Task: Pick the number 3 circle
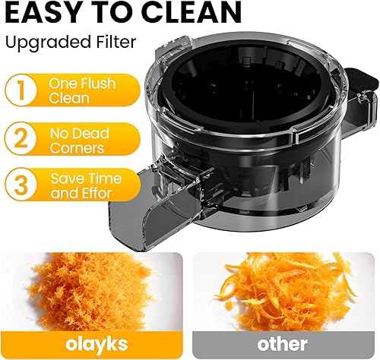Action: coord(24,185)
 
